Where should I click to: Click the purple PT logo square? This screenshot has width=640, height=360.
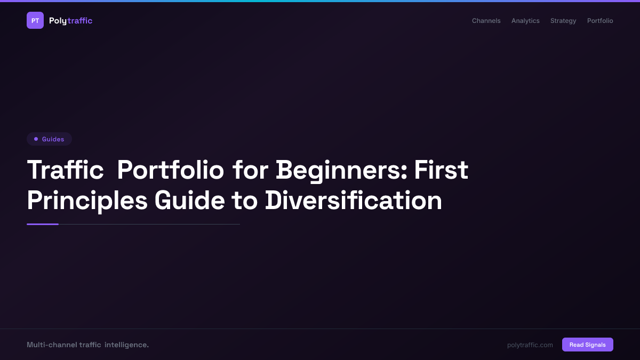35,20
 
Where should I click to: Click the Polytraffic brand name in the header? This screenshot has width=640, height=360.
70,21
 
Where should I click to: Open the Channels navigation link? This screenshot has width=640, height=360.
486,21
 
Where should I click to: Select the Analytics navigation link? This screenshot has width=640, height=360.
525,21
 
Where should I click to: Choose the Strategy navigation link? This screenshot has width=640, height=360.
563,21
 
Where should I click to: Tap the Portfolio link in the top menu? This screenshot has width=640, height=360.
600,21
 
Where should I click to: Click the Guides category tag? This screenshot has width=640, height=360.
49,139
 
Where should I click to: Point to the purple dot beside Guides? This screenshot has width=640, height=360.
36,139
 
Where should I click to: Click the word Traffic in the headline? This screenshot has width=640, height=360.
65,170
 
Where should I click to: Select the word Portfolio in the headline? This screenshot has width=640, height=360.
170,170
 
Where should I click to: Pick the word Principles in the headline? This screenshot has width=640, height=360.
87,201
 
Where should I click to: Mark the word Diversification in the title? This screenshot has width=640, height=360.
354,201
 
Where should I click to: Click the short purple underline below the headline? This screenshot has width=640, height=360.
43,224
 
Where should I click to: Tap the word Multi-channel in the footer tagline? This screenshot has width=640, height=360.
51,345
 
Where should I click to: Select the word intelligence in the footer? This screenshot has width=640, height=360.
126,345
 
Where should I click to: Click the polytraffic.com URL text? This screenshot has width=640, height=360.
530,345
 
